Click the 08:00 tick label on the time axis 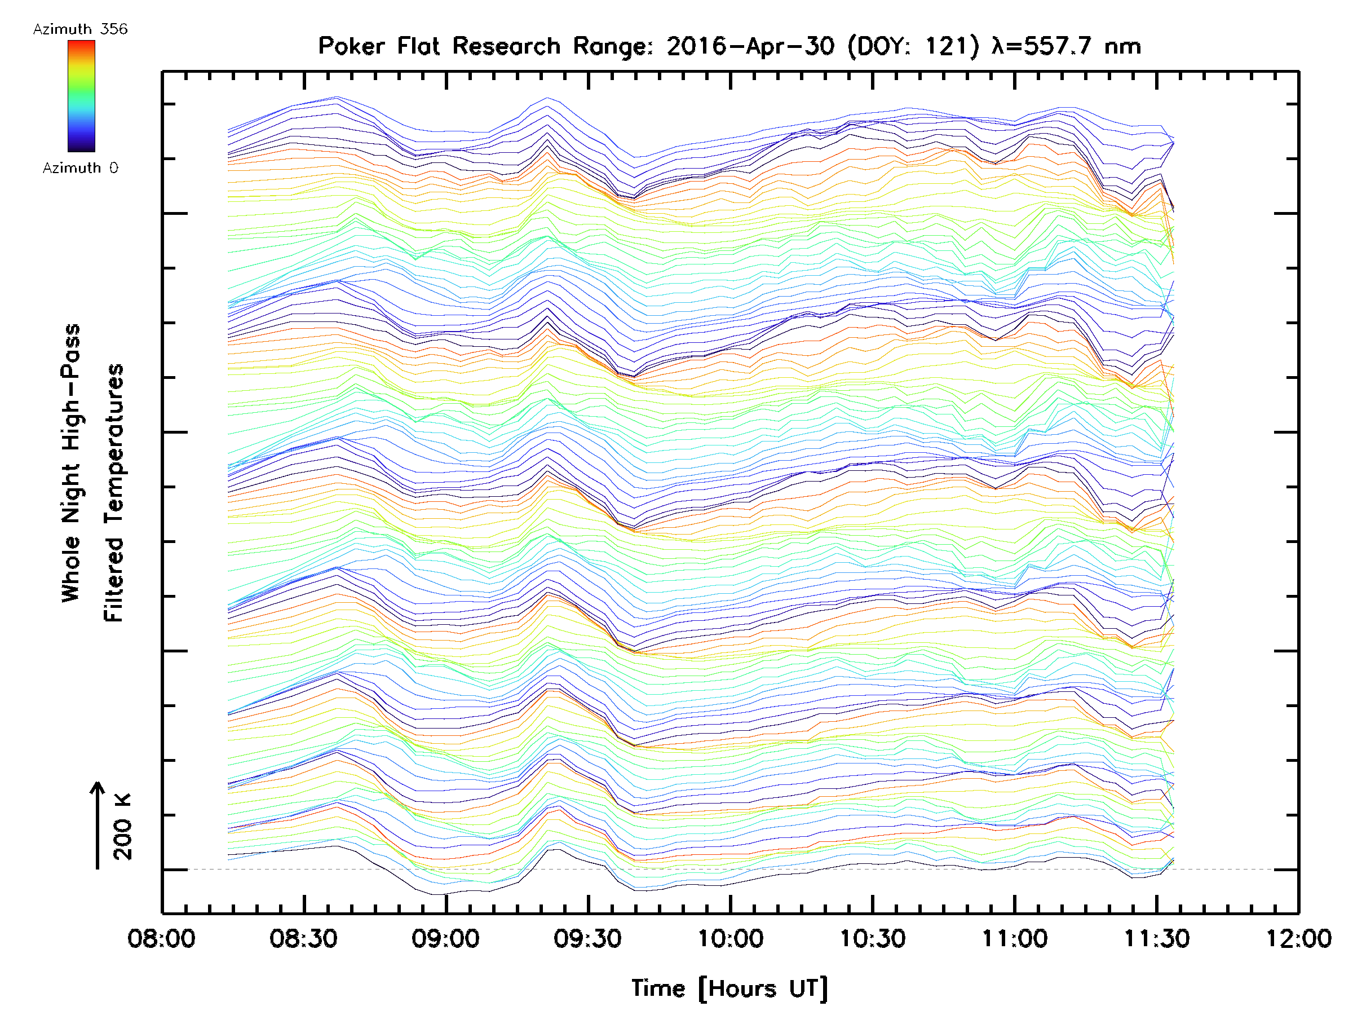(161, 938)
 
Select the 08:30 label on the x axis (303, 938)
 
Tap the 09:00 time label (445, 938)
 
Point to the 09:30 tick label (588, 938)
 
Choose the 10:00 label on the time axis (730, 938)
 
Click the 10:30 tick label (872, 938)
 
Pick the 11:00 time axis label (1015, 938)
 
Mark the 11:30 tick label (1157, 938)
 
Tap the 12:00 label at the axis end (1298, 938)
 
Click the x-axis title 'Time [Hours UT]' (729, 989)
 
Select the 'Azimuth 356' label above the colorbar (80, 29)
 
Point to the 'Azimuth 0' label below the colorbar (80, 168)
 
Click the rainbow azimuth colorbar (81, 96)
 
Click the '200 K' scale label (123, 827)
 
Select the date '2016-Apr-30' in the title (750, 46)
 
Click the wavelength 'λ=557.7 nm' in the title (1067, 46)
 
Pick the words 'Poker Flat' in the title (379, 46)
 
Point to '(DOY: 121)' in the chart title (913, 46)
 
